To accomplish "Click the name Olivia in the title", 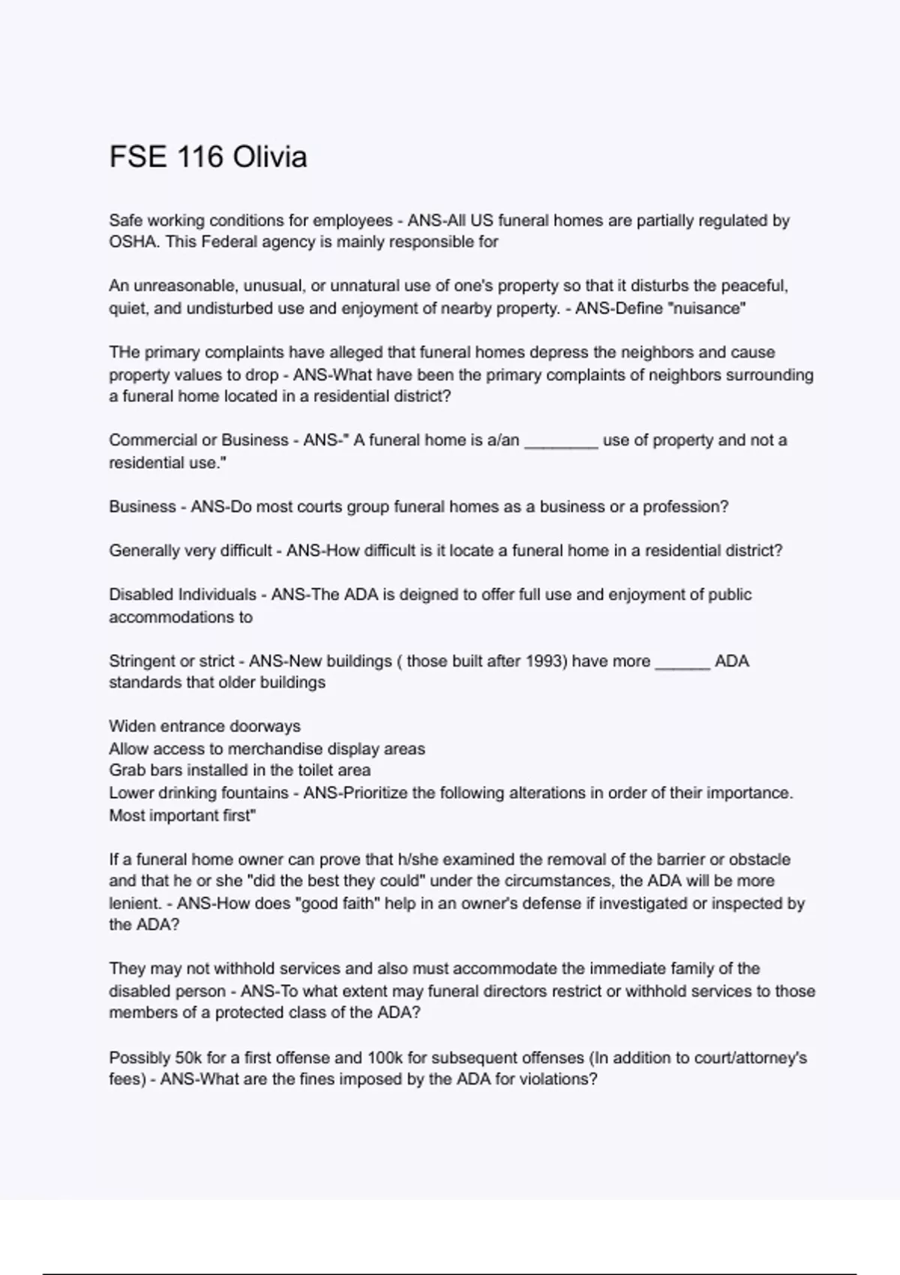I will (269, 157).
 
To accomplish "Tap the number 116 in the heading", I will (200, 157).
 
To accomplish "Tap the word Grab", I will (126, 770).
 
